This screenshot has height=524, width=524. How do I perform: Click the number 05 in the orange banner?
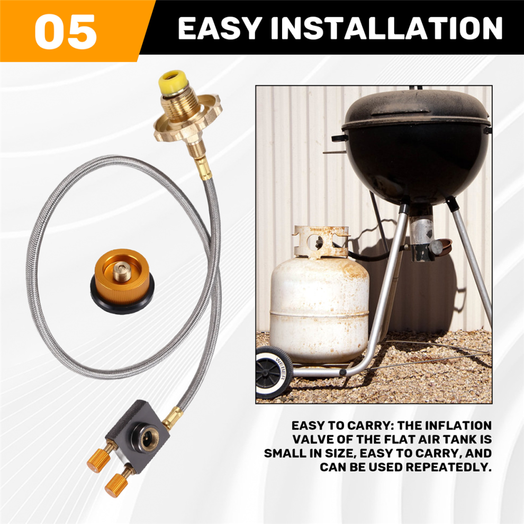coord(66,32)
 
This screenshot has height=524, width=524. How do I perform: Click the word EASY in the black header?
coord(219,29)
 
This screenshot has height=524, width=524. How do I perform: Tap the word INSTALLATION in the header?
coord(387,29)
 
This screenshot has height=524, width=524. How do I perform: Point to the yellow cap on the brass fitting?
coord(173,82)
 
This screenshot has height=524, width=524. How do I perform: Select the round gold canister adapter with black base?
coord(122,281)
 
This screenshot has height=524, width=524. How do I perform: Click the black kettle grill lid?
coord(416,109)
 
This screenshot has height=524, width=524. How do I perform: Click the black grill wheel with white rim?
coord(274,372)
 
